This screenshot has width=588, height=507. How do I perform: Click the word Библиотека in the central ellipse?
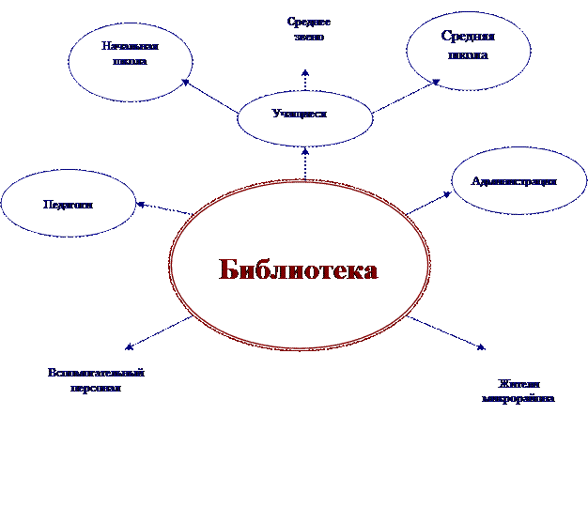click(x=299, y=270)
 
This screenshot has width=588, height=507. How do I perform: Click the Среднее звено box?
click(x=309, y=30)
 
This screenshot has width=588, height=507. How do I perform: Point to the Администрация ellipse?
click(x=518, y=181)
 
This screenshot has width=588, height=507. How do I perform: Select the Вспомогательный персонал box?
click(x=96, y=381)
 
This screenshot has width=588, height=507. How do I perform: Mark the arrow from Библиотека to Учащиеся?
click(x=305, y=164)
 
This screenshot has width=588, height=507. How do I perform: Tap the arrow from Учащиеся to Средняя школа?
click(x=406, y=98)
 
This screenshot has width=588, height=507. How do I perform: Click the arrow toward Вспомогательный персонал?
click(x=158, y=332)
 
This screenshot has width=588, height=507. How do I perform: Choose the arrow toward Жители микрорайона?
click(x=449, y=334)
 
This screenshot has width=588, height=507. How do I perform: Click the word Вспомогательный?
click(x=96, y=373)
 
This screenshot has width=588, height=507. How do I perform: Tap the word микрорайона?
click(x=517, y=399)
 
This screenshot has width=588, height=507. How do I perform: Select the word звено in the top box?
click(x=309, y=38)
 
